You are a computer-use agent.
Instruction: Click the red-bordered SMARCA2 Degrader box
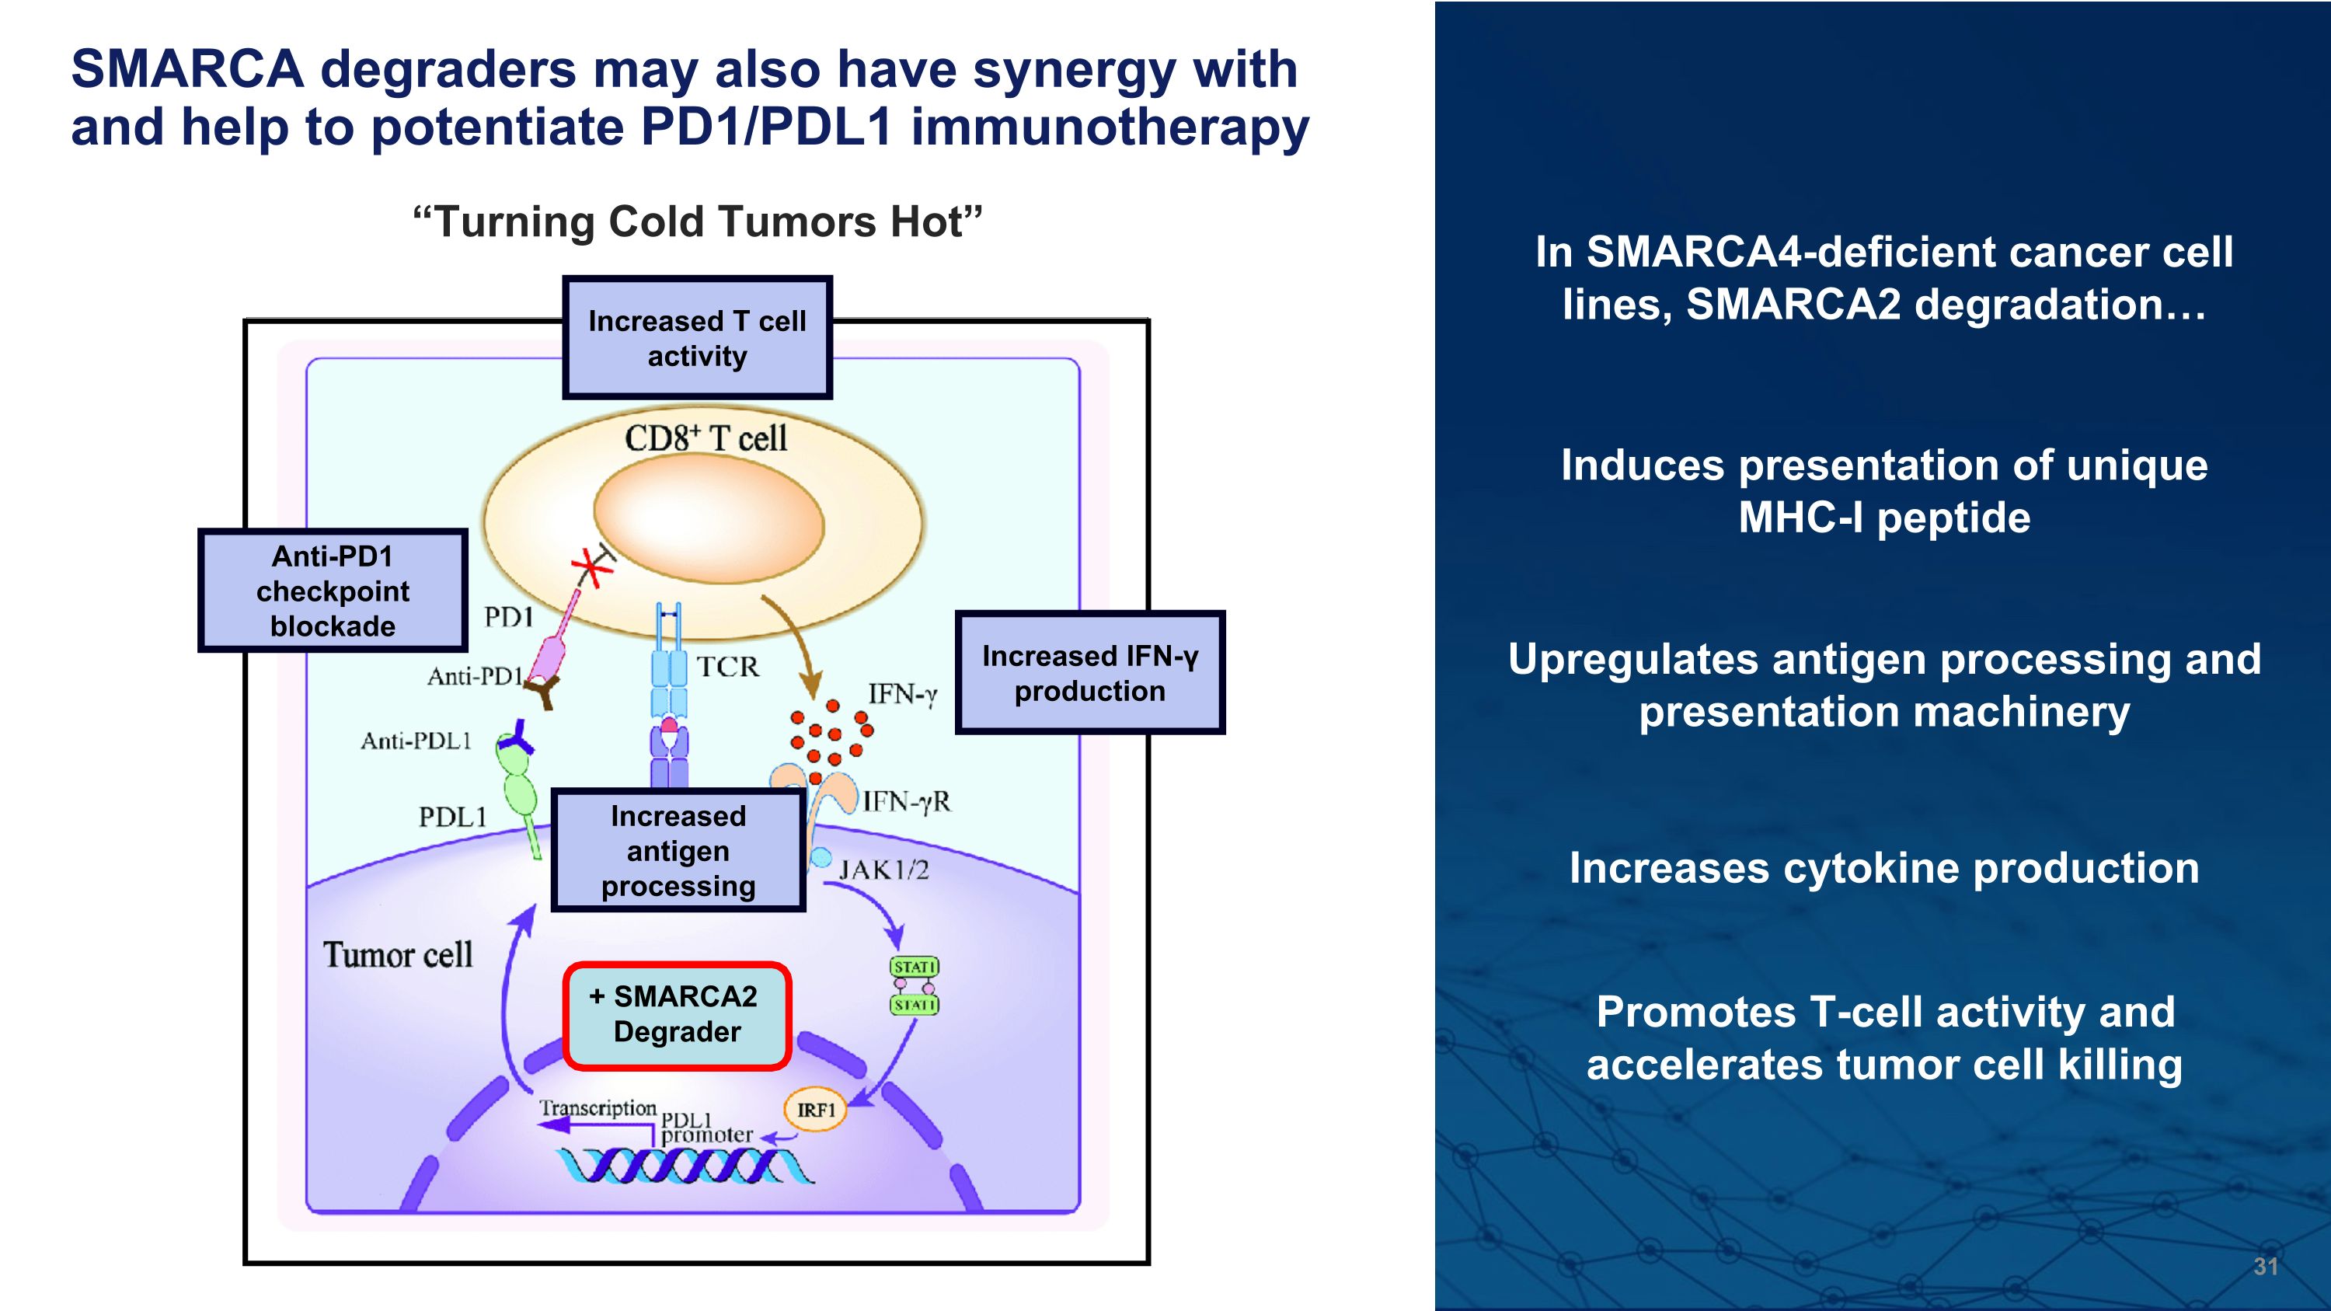pos(677,1015)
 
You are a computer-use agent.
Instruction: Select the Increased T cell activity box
pos(697,337)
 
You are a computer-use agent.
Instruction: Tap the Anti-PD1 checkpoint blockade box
pos(332,590)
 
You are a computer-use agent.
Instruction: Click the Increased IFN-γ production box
pos(1089,672)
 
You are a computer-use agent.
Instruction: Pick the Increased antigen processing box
pos(678,850)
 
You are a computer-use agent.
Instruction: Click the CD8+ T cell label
pos(705,439)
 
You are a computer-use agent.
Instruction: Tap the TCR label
pos(727,667)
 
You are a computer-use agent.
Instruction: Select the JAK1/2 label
pos(883,870)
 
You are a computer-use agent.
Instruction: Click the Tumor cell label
pos(397,954)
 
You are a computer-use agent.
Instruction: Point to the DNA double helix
pos(684,1166)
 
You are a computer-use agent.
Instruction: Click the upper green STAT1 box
pos(914,966)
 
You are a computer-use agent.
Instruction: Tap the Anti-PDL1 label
pos(416,741)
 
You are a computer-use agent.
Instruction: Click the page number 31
pos(2265,1266)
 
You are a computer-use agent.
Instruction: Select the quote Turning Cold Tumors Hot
pos(697,221)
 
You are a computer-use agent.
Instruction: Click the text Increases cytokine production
pos(1883,868)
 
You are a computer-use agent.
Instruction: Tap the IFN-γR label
pos(906,800)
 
